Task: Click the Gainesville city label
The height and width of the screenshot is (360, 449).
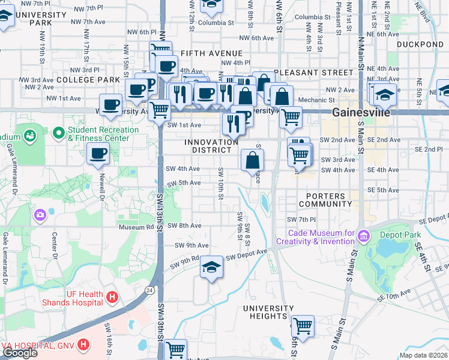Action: [x=361, y=113]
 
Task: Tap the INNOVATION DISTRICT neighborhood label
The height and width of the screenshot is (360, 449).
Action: [x=211, y=146]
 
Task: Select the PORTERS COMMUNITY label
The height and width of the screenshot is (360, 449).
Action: [x=325, y=200]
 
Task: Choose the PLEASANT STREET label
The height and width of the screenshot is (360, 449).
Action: [x=313, y=73]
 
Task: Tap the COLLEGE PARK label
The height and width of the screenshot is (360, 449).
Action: [x=88, y=80]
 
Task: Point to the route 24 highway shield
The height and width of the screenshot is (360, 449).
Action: [x=147, y=290]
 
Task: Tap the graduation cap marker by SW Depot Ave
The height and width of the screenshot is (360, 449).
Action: [x=211, y=267]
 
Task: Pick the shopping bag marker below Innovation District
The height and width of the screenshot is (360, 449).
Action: [x=253, y=160]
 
